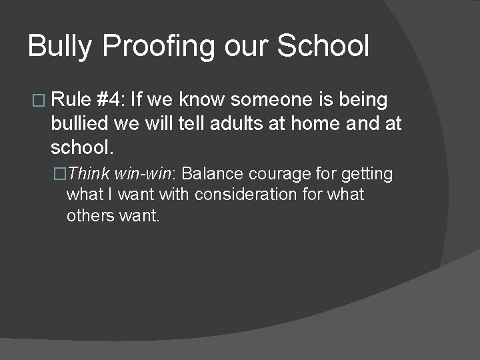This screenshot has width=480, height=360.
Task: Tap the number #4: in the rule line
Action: (x=111, y=100)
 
